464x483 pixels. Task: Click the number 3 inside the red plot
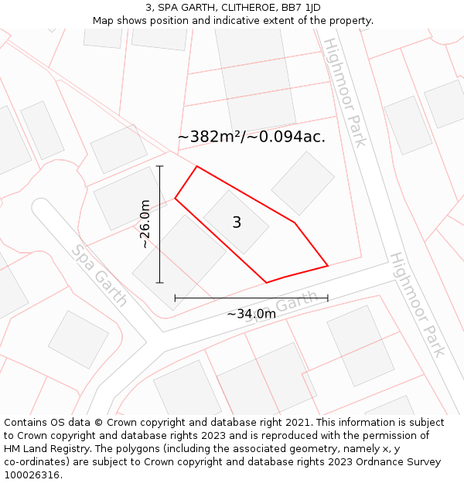click(x=237, y=223)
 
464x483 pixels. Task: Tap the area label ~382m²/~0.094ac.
click(x=251, y=138)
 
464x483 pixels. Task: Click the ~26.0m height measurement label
click(x=145, y=224)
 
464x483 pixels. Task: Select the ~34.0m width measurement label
click(x=251, y=314)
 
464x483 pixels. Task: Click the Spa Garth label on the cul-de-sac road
click(x=100, y=276)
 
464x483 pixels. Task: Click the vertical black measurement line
click(x=159, y=224)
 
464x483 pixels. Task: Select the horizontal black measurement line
click(x=251, y=298)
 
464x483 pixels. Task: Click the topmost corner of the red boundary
click(x=197, y=166)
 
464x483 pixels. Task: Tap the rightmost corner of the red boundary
click(x=328, y=266)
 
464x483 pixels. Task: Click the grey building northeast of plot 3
click(x=303, y=182)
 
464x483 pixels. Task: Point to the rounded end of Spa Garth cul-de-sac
click(x=42, y=209)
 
